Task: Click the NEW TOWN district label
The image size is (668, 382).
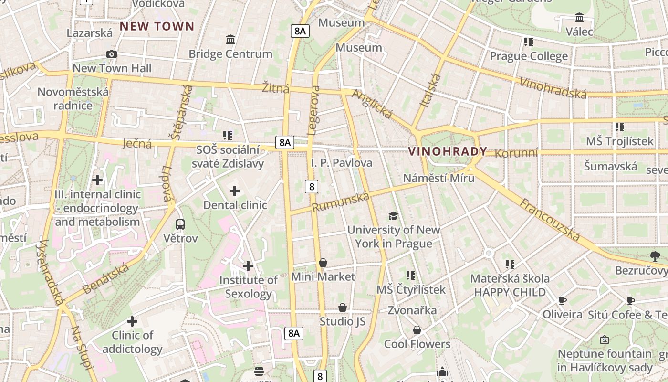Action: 157,26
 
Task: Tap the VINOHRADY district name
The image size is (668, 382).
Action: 448,152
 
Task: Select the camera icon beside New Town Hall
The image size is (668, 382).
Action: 112,54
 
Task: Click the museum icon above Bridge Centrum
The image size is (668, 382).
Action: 230,39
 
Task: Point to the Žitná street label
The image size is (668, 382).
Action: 276,88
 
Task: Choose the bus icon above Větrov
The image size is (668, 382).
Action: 180,224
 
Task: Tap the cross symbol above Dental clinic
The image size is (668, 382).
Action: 235,191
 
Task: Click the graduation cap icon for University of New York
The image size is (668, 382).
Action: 393,216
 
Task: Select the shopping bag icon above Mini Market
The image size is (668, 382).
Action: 323,263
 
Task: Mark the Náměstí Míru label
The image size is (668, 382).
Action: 438,178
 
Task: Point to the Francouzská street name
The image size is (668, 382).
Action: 550,220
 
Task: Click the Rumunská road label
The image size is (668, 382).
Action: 341,202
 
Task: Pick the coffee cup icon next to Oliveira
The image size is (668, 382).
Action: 563,301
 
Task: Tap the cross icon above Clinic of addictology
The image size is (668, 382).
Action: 132,321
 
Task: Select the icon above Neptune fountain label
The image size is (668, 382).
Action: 605,340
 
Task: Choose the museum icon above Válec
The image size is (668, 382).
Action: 579,18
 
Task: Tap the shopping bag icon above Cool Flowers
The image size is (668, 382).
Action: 417,330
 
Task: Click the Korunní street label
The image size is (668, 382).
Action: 516,153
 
